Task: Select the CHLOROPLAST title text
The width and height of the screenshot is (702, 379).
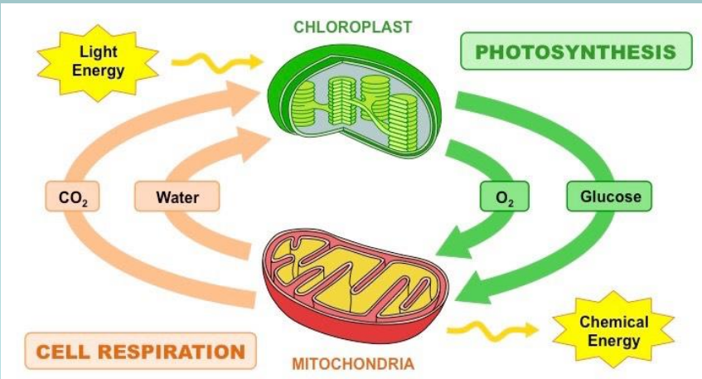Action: pos(352,27)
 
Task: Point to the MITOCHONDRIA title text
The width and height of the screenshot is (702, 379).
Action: pos(353,363)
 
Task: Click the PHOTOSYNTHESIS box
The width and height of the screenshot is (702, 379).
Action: pos(575,52)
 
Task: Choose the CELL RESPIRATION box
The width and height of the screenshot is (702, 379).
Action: pos(139,351)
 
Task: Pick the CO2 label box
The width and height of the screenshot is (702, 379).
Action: pos(69,198)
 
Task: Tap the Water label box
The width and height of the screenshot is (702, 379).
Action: pos(177,198)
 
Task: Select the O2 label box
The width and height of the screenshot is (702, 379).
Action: pos(504,198)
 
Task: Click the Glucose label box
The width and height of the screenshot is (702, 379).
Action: pos(609,197)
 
